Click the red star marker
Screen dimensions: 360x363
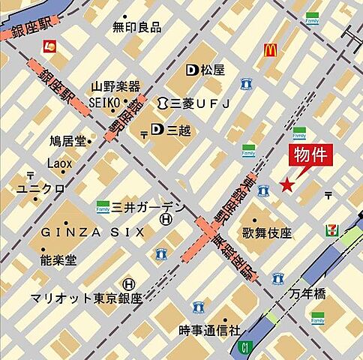tap(286, 184)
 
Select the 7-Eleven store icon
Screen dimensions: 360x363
tap(331, 229)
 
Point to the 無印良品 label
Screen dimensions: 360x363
tap(136, 27)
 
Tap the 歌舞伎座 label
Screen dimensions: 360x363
tap(266, 233)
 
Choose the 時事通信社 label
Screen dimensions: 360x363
tap(210, 329)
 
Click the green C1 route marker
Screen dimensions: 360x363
tap(244, 346)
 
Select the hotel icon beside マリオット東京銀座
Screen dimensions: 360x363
tap(129, 284)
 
